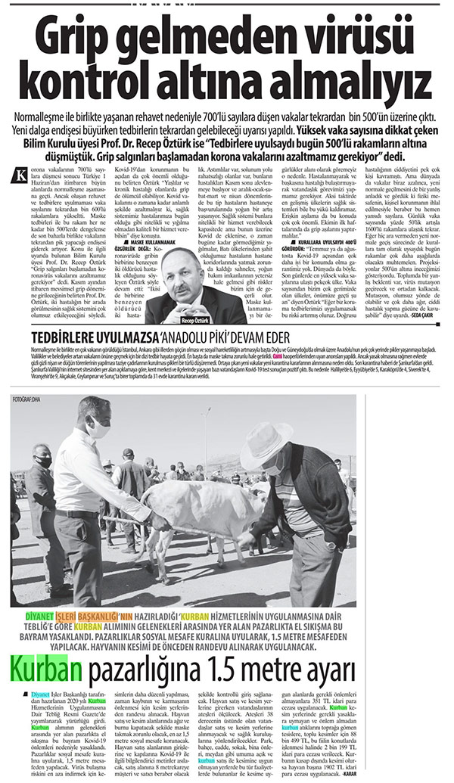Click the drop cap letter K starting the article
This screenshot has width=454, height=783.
point(21,154)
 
